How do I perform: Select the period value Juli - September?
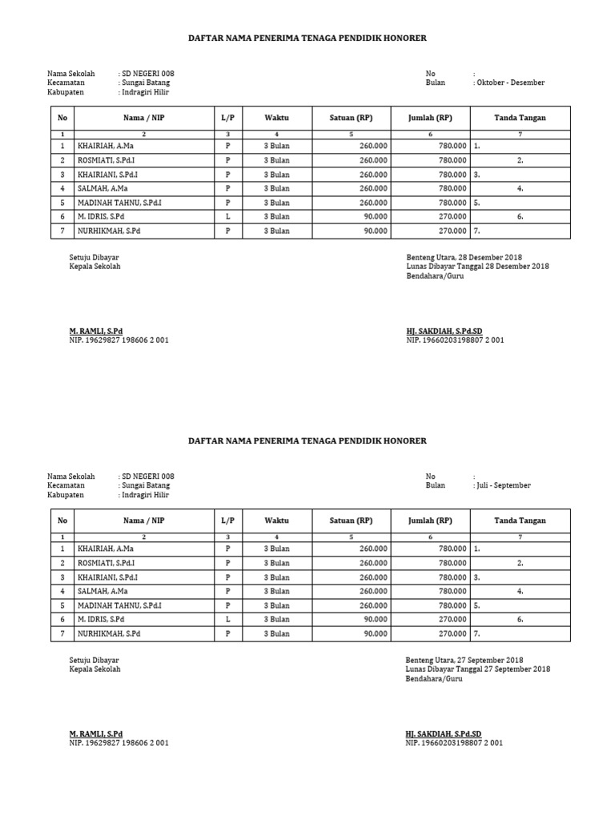point(504,485)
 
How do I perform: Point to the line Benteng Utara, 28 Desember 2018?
point(464,257)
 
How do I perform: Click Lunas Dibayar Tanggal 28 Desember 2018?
point(477,266)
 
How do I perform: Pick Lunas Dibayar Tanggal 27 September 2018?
point(478,669)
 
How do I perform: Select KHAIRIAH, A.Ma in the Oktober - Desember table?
point(106,147)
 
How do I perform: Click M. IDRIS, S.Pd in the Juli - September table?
point(101,619)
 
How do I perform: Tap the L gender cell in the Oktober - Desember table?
point(227,216)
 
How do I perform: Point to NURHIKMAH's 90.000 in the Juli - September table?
point(376,633)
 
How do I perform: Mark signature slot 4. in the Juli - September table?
point(520,591)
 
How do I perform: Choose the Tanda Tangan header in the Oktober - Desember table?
point(520,118)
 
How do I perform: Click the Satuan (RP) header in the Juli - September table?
point(351,521)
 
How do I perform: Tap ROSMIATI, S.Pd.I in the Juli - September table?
point(107,563)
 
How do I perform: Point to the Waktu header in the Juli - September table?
point(276,521)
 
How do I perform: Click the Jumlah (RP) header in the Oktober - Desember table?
point(430,118)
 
